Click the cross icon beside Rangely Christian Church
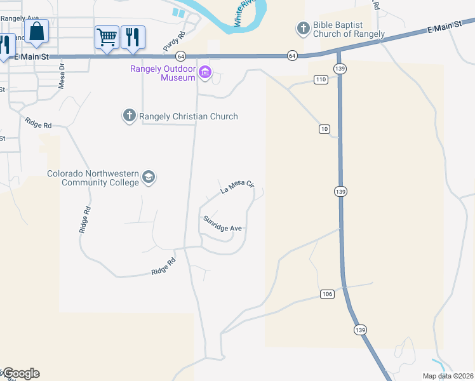129,116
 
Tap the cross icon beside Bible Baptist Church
302,28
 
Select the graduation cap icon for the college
149,177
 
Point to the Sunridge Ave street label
222,224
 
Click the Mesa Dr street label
62,75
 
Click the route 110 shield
320,79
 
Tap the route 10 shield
324,129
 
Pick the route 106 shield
327,293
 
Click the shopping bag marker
37,31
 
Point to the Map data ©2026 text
446,375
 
